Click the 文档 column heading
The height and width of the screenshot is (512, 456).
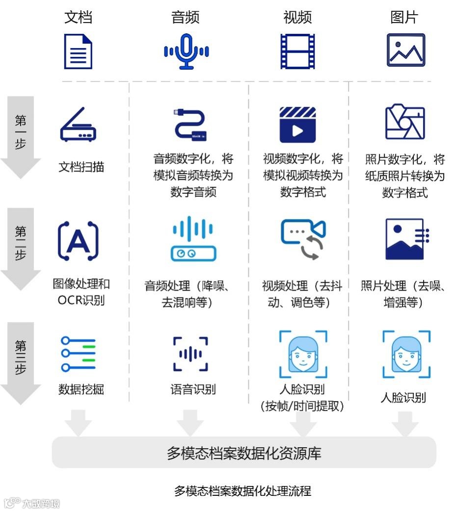point(78,18)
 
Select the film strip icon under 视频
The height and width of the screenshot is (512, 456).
point(297,51)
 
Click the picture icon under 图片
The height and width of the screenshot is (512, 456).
point(405,50)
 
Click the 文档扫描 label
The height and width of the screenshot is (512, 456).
point(81,167)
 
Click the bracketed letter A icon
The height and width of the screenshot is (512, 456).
point(78,241)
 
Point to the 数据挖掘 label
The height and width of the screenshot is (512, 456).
point(81,390)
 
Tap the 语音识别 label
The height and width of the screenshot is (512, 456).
point(193,390)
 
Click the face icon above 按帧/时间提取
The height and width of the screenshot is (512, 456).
point(303,354)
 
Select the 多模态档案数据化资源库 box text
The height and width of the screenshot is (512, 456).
point(244,453)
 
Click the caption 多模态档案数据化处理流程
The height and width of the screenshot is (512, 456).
point(242,490)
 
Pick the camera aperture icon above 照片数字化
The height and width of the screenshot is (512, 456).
point(405,122)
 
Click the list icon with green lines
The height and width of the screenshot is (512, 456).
point(78,354)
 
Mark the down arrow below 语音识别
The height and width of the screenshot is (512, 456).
point(190,423)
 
